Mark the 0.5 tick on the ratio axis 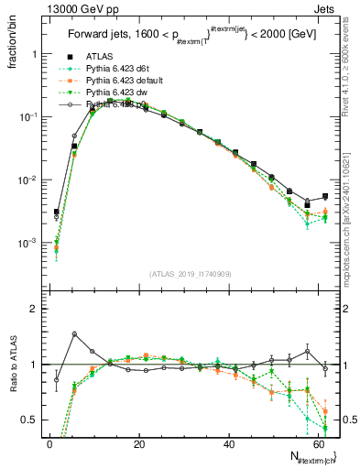[x=29, y=420]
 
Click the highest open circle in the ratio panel [x=74, y=333]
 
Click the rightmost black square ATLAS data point [x=325, y=196]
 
